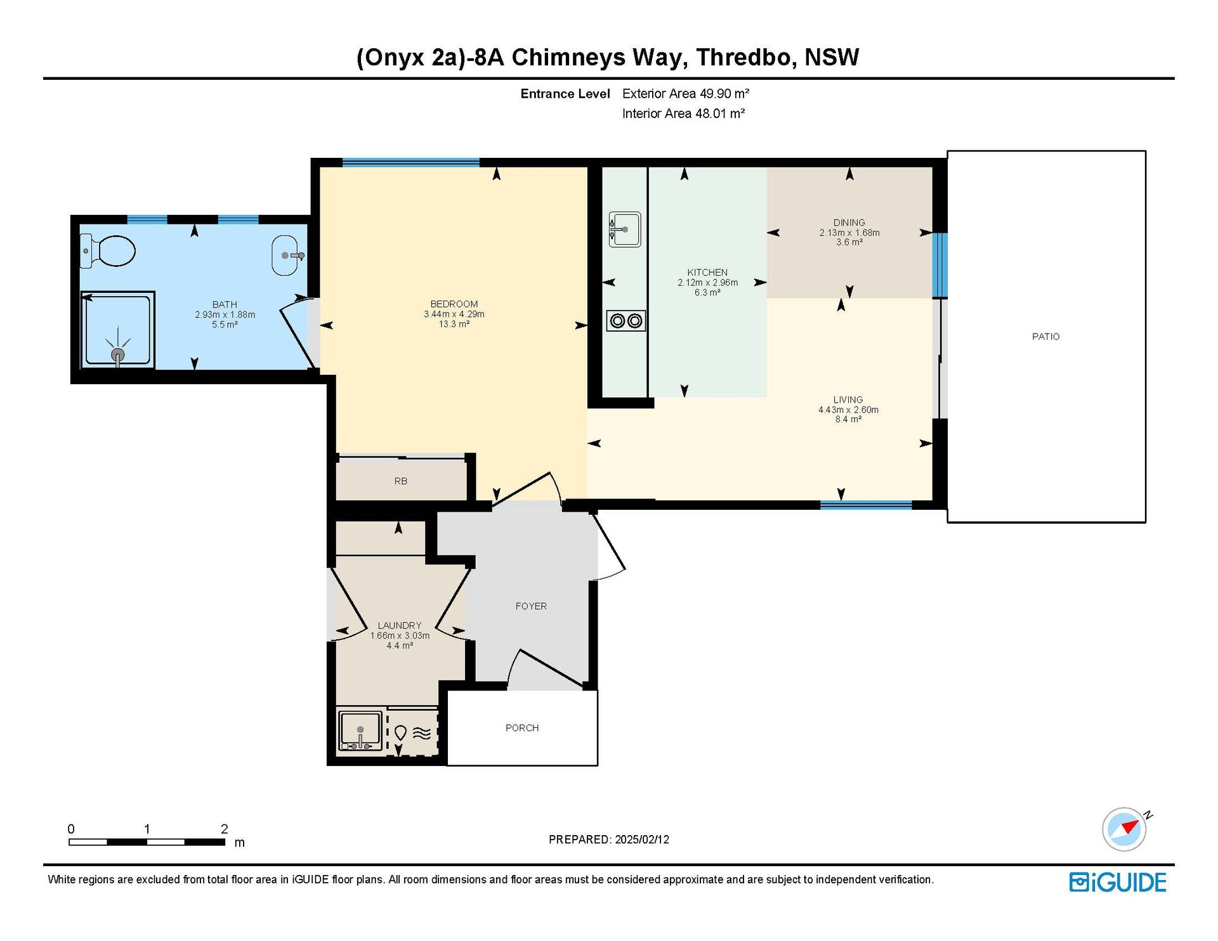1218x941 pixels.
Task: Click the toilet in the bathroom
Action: [x=108, y=250]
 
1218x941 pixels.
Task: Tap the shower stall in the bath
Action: [x=118, y=330]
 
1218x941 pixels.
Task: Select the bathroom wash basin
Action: [x=285, y=256]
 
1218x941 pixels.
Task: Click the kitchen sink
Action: [x=625, y=229]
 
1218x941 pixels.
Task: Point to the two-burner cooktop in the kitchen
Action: [x=626, y=321]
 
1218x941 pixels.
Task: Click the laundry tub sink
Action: [x=361, y=730]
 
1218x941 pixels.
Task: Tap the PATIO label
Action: [x=1045, y=337]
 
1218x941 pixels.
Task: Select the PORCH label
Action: [x=522, y=728]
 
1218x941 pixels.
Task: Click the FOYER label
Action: [x=531, y=606]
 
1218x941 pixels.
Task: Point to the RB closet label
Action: [x=401, y=481]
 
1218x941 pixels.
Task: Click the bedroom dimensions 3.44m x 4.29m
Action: [x=454, y=314]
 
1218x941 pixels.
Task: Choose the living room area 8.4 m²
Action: [x=848, y=419]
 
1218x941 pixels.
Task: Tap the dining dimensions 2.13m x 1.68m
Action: [x=849, y=233]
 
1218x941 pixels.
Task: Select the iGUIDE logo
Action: [x=1118, y=883]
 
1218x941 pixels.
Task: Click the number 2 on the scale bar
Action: [x=225, y=829]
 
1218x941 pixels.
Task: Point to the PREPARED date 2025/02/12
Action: [x=642, y=840]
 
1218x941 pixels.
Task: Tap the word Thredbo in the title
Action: [x=745, y=57]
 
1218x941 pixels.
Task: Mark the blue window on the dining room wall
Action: [x=940, y=265]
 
